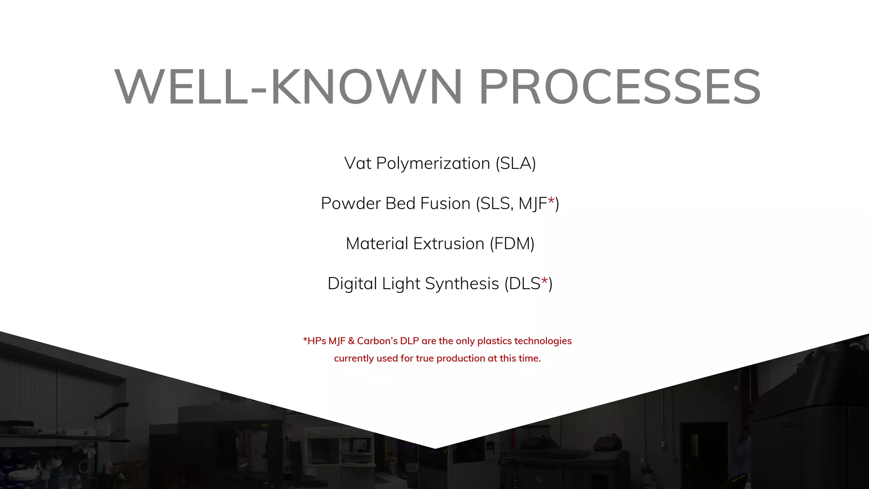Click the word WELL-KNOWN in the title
pyautogui.click(x=289, y=87)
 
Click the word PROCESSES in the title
pyautogui.click(x=620, y=87)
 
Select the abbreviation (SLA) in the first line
pyautogui.click(x=516, y=163)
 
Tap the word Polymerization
pyautogui.click(x=433, y=163)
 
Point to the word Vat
pyautogui.click(x=358, y=163)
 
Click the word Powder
pyautogui.click(x=350, y=203)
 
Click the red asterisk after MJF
pyautogui.click(x=551, y=200)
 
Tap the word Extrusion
pyautogui.click(x=449, y=244)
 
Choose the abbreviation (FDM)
pyautogui.click(x=512, y=244)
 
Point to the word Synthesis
pyautogui.click(x=462, y=284)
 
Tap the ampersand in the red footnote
pyautogui.click(x=351, y=341)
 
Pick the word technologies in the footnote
pyautogui.click(x=543, y=341)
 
